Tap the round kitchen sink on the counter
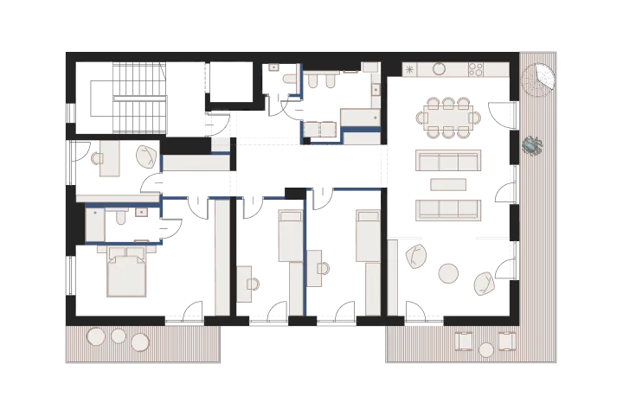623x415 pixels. pyautogui.click(x=439, y=69)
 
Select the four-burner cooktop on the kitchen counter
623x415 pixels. pyautogui.click(x=476, y=69)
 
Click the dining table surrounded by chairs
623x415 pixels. pyautogui.click(x=447, y=118)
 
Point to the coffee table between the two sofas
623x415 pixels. pyautogui.click(x=447, y=184)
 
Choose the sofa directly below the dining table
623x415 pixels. pyautogui.click(x=447, y=160)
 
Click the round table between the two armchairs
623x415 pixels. pyautogui.click(x=448, y=273)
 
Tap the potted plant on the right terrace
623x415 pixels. pyautogui.click(x=532, y=147)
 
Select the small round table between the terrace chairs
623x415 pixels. pyautogui.click(x=486, y=349)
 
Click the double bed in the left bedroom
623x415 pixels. pyautogui.click(x=126, y=271)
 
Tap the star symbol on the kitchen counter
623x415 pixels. pyautogui.click(x=410, y=69)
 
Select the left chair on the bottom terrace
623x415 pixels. pyautogui.click(x=465, y=341)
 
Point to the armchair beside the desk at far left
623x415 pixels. pyautogui.click(x=147, y=156)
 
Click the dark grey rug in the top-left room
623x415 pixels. pyautogui.click(x=142, y=95)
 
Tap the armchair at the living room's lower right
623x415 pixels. pyautogui.click(x=483, y=283)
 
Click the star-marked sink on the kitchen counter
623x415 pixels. pyautogui.click(x=410, y=69)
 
